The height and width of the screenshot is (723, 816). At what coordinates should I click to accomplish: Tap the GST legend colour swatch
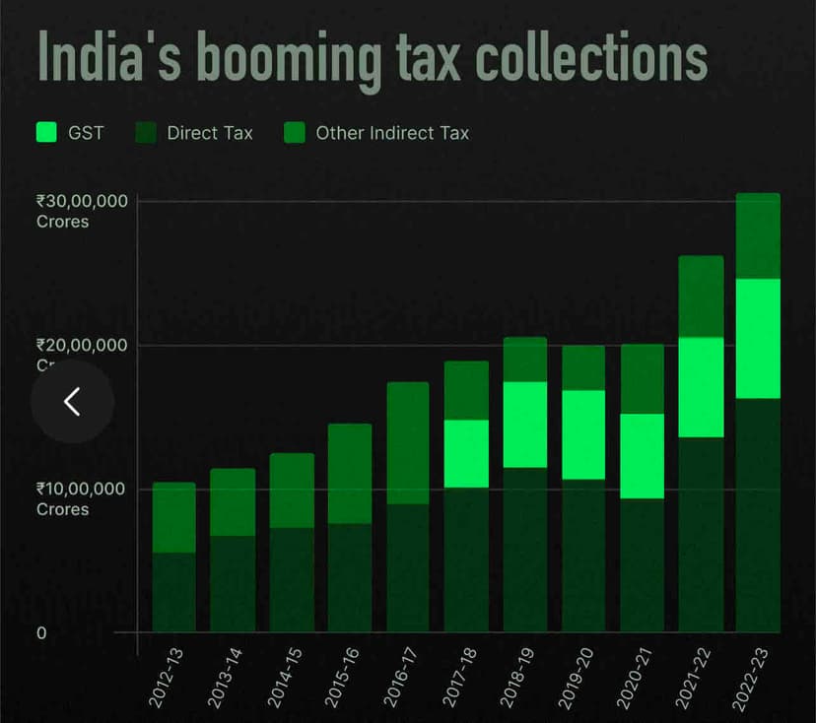[x=46, y=132]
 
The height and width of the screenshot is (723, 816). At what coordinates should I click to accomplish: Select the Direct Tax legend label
[x=209, y=132]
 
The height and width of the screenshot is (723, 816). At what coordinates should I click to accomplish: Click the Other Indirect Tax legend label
[x=392, y=132]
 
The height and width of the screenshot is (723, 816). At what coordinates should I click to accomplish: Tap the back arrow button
[x=72, y=401]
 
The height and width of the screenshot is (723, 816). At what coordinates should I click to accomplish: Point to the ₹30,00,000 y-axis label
[x=83, y=201]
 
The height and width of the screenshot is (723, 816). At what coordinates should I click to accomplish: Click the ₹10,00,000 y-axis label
[x=83, y=490]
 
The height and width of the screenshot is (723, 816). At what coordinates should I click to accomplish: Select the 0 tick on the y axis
[x=41, y=632]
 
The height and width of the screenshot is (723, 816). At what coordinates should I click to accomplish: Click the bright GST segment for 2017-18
[x=466, y=453]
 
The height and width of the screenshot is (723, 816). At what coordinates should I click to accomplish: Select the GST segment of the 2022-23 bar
[x=758, y=338]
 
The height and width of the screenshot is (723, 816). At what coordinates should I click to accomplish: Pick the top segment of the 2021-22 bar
[x=700, y=296]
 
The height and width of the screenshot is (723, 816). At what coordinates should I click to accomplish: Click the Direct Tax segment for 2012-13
[x=174, y=592]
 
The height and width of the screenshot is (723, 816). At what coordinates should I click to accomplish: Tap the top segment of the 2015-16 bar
[x=350, y=473]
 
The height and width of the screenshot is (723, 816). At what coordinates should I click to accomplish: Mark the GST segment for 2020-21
[x=642, y=455]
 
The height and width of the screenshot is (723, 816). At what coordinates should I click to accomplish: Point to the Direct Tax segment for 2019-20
[x=582, y=556]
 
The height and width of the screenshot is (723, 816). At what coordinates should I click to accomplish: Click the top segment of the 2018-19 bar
[x=524, y=359]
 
